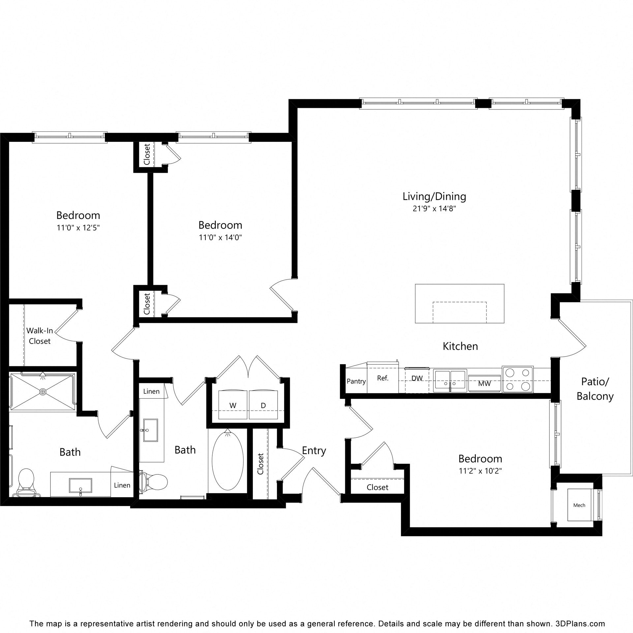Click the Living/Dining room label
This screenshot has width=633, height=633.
coord(434,197)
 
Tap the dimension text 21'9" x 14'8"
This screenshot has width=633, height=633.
coord(434,209)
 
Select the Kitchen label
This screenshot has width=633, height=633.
coord(460,346)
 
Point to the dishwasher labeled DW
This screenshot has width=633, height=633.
coord(417,379)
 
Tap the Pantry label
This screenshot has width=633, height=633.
coord(356,381)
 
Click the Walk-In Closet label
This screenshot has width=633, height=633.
coord(40,336)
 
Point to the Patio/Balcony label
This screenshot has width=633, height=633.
coord(595,389)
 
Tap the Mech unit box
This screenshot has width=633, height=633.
coord(580,505)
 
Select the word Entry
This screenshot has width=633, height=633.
coord(314,451)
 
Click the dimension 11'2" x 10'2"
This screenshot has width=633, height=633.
coord(480,471)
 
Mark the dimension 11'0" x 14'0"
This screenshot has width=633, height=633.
coord(220,237)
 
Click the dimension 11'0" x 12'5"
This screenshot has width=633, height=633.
coord(78,227)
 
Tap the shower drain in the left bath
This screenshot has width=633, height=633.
coord(43,392)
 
